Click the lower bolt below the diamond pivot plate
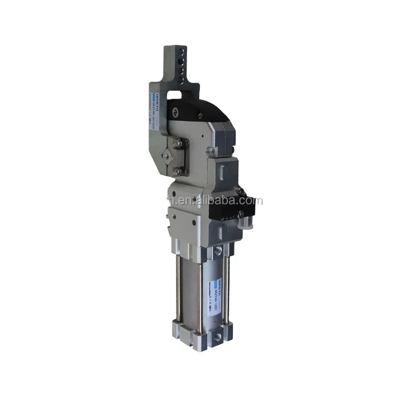178,172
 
